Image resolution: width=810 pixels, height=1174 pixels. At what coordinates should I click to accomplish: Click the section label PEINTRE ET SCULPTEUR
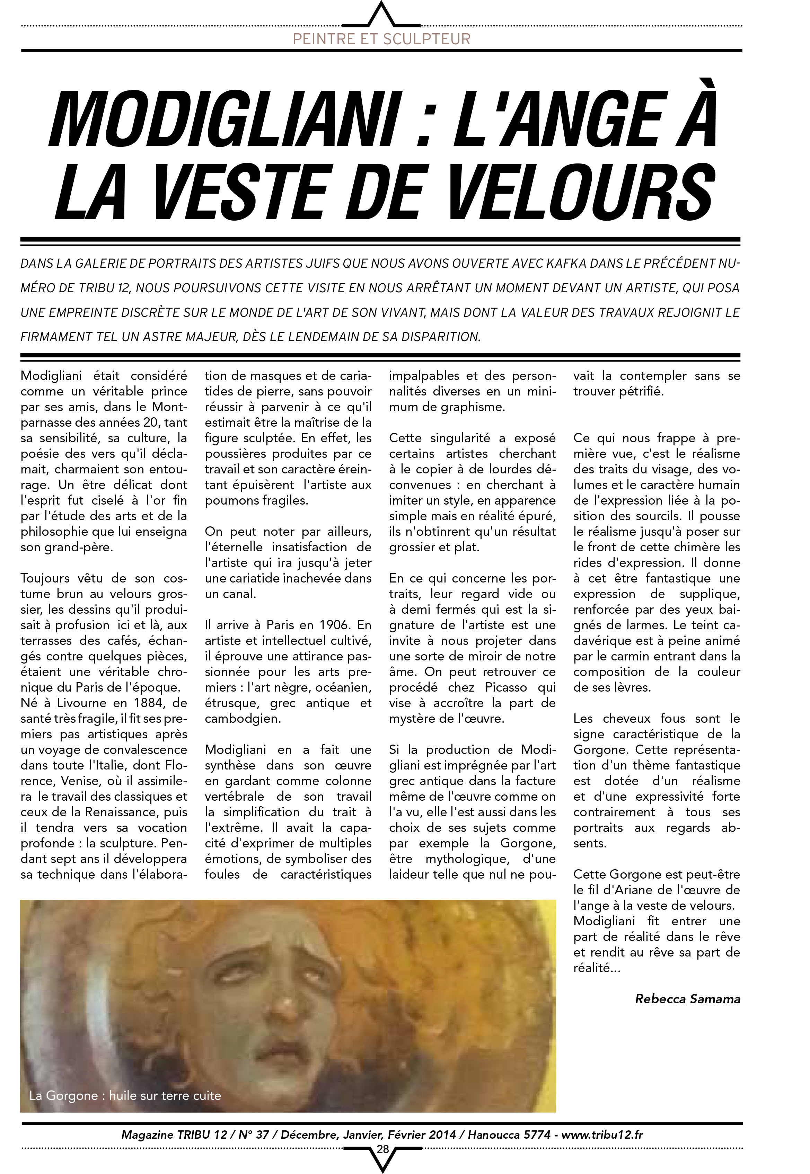tap(382, 39)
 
